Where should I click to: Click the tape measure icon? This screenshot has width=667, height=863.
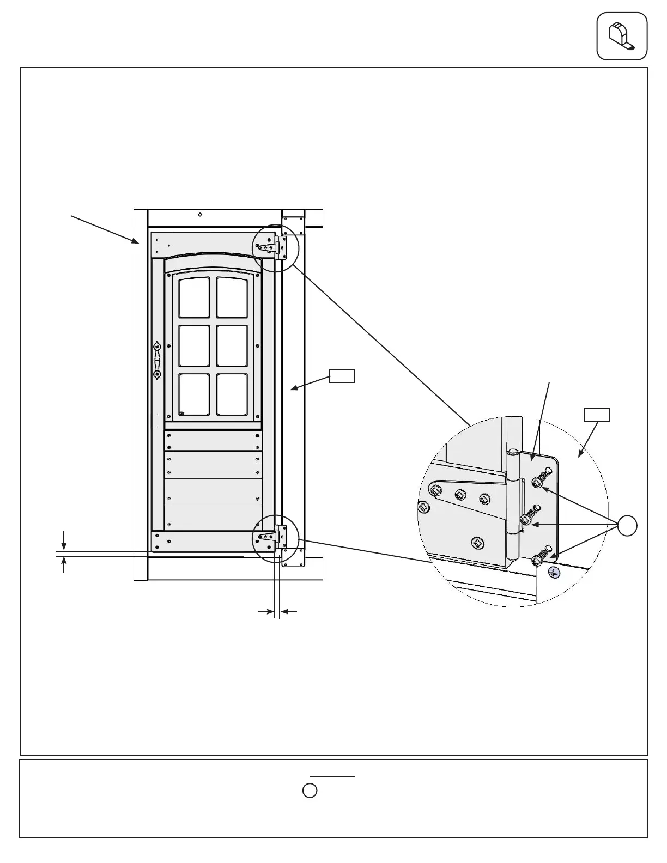point(622,36)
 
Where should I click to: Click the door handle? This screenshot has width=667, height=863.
point(157,360)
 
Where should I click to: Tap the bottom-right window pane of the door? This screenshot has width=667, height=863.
point(232,394)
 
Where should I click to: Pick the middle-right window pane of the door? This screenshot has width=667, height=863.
point(232,346)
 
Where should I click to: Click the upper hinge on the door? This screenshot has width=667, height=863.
point(274,247)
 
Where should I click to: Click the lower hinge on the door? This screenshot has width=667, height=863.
point(274,537)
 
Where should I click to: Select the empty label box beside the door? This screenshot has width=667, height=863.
point(342,376)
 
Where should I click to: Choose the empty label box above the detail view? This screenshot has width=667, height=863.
point(597,415)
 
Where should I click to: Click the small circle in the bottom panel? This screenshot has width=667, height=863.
point(310,791)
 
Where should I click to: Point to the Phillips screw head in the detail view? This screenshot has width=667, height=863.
point(554,573)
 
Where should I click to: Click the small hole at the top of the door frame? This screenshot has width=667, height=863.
point(201,215)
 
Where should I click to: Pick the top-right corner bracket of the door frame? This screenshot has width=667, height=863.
point(293,226)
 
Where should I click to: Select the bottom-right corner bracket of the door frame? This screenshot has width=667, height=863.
point(293,557)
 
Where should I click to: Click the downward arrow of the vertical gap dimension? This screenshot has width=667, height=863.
point(64,540)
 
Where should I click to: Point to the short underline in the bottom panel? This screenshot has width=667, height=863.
point(332,776)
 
